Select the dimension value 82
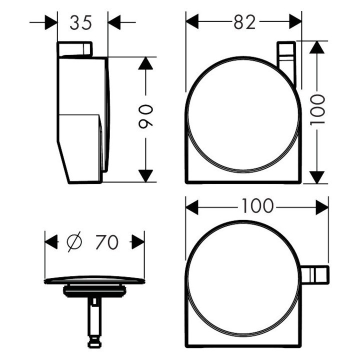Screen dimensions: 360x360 tap(244, 22)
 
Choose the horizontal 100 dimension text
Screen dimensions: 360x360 tap(257, 205)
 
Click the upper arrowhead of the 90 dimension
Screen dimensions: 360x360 tap(145, 63)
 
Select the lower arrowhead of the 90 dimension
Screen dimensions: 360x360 tap(145, 175)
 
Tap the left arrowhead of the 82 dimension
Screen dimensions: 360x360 tap(192, 22)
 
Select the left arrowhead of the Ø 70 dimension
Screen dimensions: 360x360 tap(51, 242)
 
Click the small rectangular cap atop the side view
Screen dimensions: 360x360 tap(75, 49)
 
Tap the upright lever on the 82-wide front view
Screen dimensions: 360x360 tap(286, 62)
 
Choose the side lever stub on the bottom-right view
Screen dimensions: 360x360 tap(314, 274)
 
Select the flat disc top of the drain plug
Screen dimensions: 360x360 tap(94, 280)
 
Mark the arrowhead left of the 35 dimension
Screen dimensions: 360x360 tap(51, 22)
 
